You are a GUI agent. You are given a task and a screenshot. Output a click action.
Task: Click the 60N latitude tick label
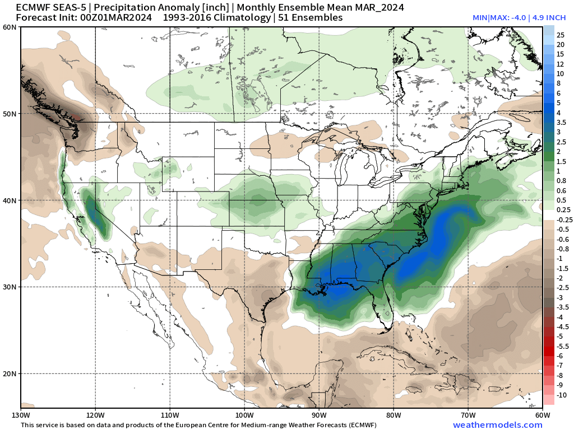point(10,27)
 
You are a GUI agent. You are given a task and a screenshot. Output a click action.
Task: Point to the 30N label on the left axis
point(10,287)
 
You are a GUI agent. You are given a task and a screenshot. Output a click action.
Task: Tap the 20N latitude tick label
point(10,373)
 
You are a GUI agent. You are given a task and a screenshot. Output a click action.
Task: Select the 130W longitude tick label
point(21,415)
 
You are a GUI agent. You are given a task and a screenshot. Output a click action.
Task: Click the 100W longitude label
point(244,415)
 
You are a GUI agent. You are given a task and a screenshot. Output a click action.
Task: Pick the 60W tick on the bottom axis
point(542,415)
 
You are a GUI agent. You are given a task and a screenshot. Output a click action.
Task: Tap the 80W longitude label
point(394,415)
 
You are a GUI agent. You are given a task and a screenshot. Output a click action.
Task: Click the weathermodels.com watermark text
point(497,425)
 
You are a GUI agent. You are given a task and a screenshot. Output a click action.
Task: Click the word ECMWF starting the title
point(33,7)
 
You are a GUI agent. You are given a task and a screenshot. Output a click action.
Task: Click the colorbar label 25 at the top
point(560,35)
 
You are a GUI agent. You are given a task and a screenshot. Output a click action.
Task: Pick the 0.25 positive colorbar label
point(561,209)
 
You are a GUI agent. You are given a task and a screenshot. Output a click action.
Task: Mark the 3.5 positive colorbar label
point(561,122)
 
